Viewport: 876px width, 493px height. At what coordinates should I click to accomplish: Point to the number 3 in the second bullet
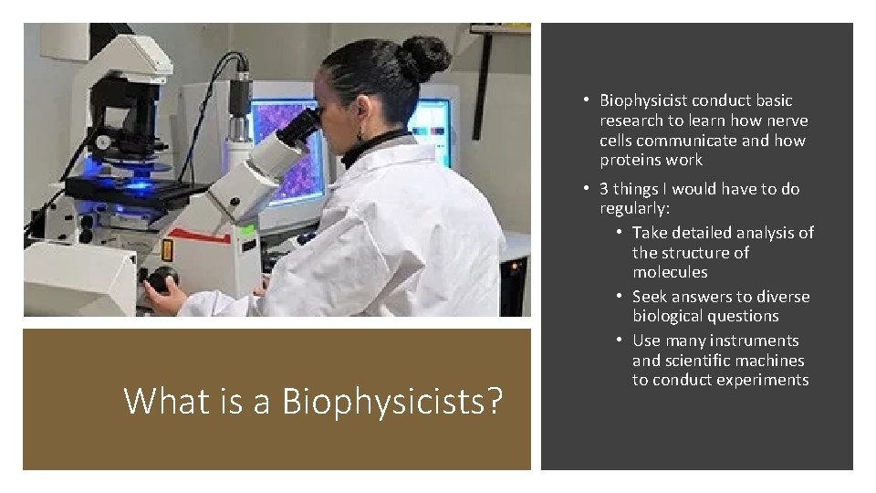pos(604,189)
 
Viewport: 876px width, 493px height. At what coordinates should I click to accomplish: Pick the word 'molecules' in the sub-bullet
pos(670,272)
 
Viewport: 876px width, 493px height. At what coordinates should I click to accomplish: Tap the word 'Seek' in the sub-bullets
pos(652,297)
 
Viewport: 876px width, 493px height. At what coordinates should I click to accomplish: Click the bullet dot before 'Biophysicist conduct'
pos(589,100)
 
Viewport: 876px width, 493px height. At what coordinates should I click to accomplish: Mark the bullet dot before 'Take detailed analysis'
pos(621,233)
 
